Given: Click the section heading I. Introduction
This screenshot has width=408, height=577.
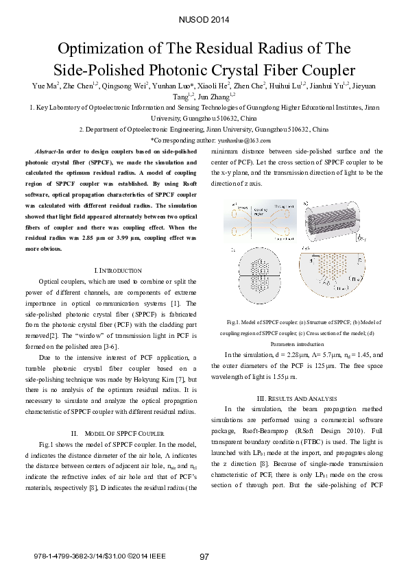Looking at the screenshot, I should coord(110,271).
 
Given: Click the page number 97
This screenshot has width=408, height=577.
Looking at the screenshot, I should coord(204,556).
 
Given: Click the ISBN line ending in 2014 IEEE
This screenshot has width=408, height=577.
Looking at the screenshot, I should coord(99,557).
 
